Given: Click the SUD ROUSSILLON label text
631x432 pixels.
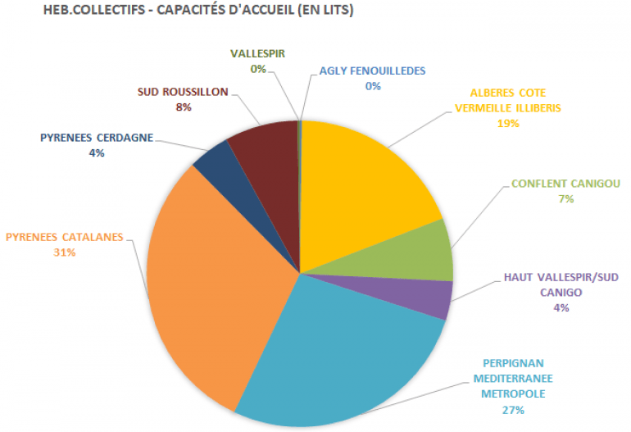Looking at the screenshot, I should pos(183,93).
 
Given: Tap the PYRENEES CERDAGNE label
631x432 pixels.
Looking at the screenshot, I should pos(97,137).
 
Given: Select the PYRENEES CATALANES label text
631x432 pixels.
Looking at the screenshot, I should pos(64,238).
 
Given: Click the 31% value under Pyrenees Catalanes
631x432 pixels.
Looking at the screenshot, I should pos(64,252).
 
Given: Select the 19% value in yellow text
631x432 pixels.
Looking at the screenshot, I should pos(508,123).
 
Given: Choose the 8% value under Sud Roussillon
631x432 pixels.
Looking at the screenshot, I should pos(183,107).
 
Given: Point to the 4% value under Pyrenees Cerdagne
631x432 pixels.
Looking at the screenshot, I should pos(97,152).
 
